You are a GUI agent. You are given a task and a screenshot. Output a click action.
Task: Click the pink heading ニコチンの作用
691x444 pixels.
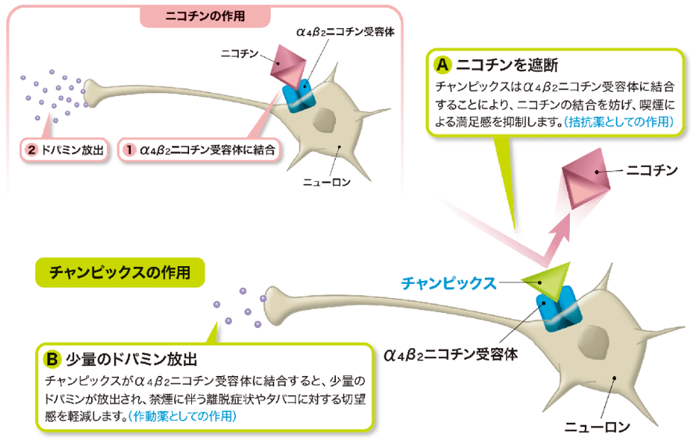(205, 16)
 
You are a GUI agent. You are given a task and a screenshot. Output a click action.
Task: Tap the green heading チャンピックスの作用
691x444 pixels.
(120, 272)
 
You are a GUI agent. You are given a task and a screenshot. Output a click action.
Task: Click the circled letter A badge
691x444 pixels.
(443, 65)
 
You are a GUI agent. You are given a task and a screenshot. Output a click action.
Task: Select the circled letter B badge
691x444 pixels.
(52, 359)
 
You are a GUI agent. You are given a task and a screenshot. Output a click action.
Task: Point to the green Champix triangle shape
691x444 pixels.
(548, 279)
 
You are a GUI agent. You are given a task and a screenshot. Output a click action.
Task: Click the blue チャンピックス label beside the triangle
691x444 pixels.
(449, 283)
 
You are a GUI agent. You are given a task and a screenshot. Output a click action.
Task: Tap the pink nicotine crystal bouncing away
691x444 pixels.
(586, 181)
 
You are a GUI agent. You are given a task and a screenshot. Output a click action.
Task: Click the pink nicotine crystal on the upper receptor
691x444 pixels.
(288, 66)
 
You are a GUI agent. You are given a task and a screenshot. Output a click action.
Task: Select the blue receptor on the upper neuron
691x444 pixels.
(299, 97)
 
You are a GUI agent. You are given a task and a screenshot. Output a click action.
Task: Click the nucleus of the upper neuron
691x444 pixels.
(325, 121)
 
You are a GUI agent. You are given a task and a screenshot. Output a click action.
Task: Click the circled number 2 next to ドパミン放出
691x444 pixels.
(32, 150)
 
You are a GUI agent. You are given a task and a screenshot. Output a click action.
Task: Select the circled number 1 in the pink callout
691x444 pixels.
(129, 150)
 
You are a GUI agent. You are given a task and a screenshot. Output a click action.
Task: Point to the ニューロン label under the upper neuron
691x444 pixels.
(326, 182)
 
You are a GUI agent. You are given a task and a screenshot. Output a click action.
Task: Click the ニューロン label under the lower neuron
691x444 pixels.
(597, 426)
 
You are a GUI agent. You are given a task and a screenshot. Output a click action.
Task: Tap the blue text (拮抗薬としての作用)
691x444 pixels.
(618, 122)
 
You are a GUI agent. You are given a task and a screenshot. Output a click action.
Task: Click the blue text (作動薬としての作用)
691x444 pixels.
(182, 416)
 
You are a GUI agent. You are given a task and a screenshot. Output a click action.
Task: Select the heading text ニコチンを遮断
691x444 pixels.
(507, 66)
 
